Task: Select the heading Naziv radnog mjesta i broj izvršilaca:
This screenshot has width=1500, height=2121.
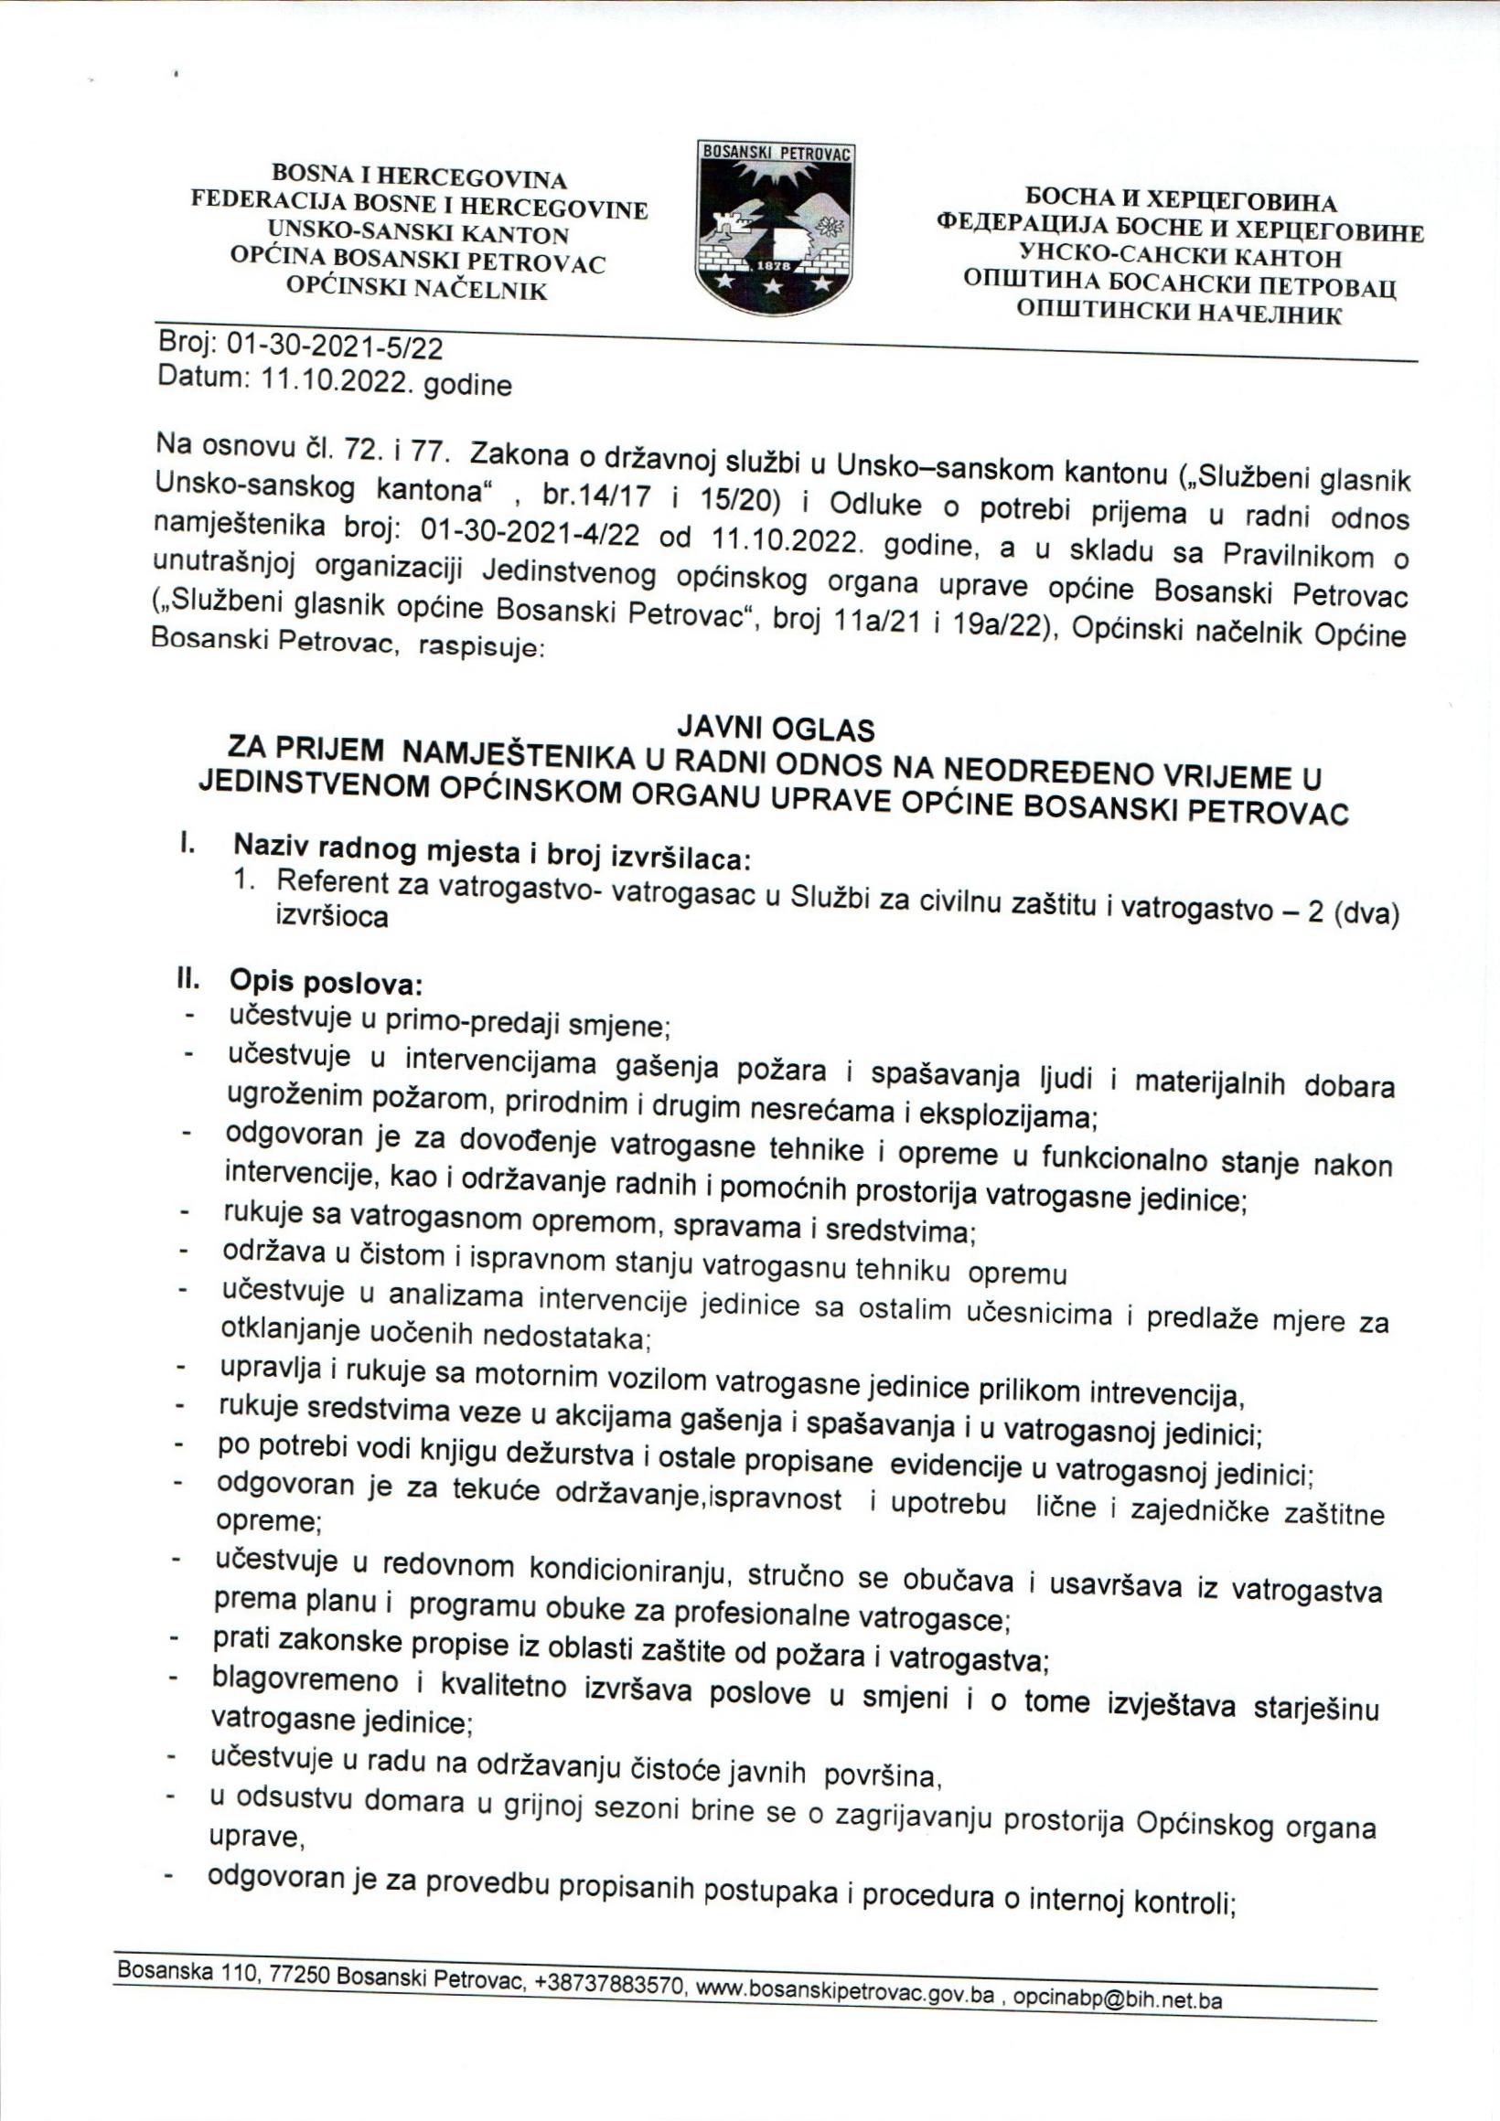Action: pyautogui.click(x=492, y=856)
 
